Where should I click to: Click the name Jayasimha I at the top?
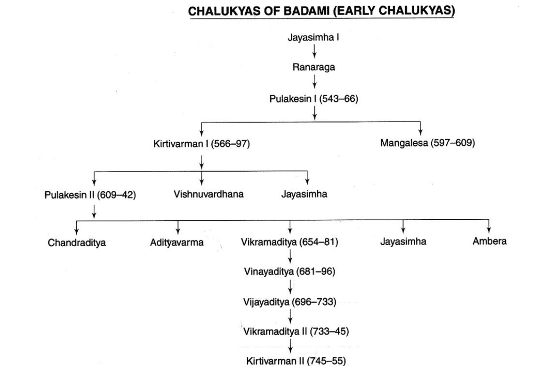(x=313, y=37)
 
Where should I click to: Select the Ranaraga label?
(x=313, y=67)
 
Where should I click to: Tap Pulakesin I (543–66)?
(x=313, y=99)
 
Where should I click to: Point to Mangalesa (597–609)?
(x=427, y=143)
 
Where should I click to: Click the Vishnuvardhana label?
(x=208, y=194)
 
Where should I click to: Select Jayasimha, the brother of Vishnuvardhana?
(x=304, y=194)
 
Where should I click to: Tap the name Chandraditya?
(x=77, y=243)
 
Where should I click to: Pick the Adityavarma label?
(x=177, y=243)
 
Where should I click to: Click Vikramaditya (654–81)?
(x=289, y=243)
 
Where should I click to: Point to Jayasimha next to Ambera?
(x=403, y=242)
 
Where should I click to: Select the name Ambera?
(x=490, y=242)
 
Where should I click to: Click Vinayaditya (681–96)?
(x=289, y=272)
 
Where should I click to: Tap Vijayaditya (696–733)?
(x=290, y=302)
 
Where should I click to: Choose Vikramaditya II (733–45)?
(x=296, y=331)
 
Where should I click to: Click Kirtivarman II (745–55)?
(x=296, y=362)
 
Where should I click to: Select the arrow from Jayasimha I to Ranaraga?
(x=314, y=52)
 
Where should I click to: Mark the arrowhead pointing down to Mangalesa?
(x=420, y=131)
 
